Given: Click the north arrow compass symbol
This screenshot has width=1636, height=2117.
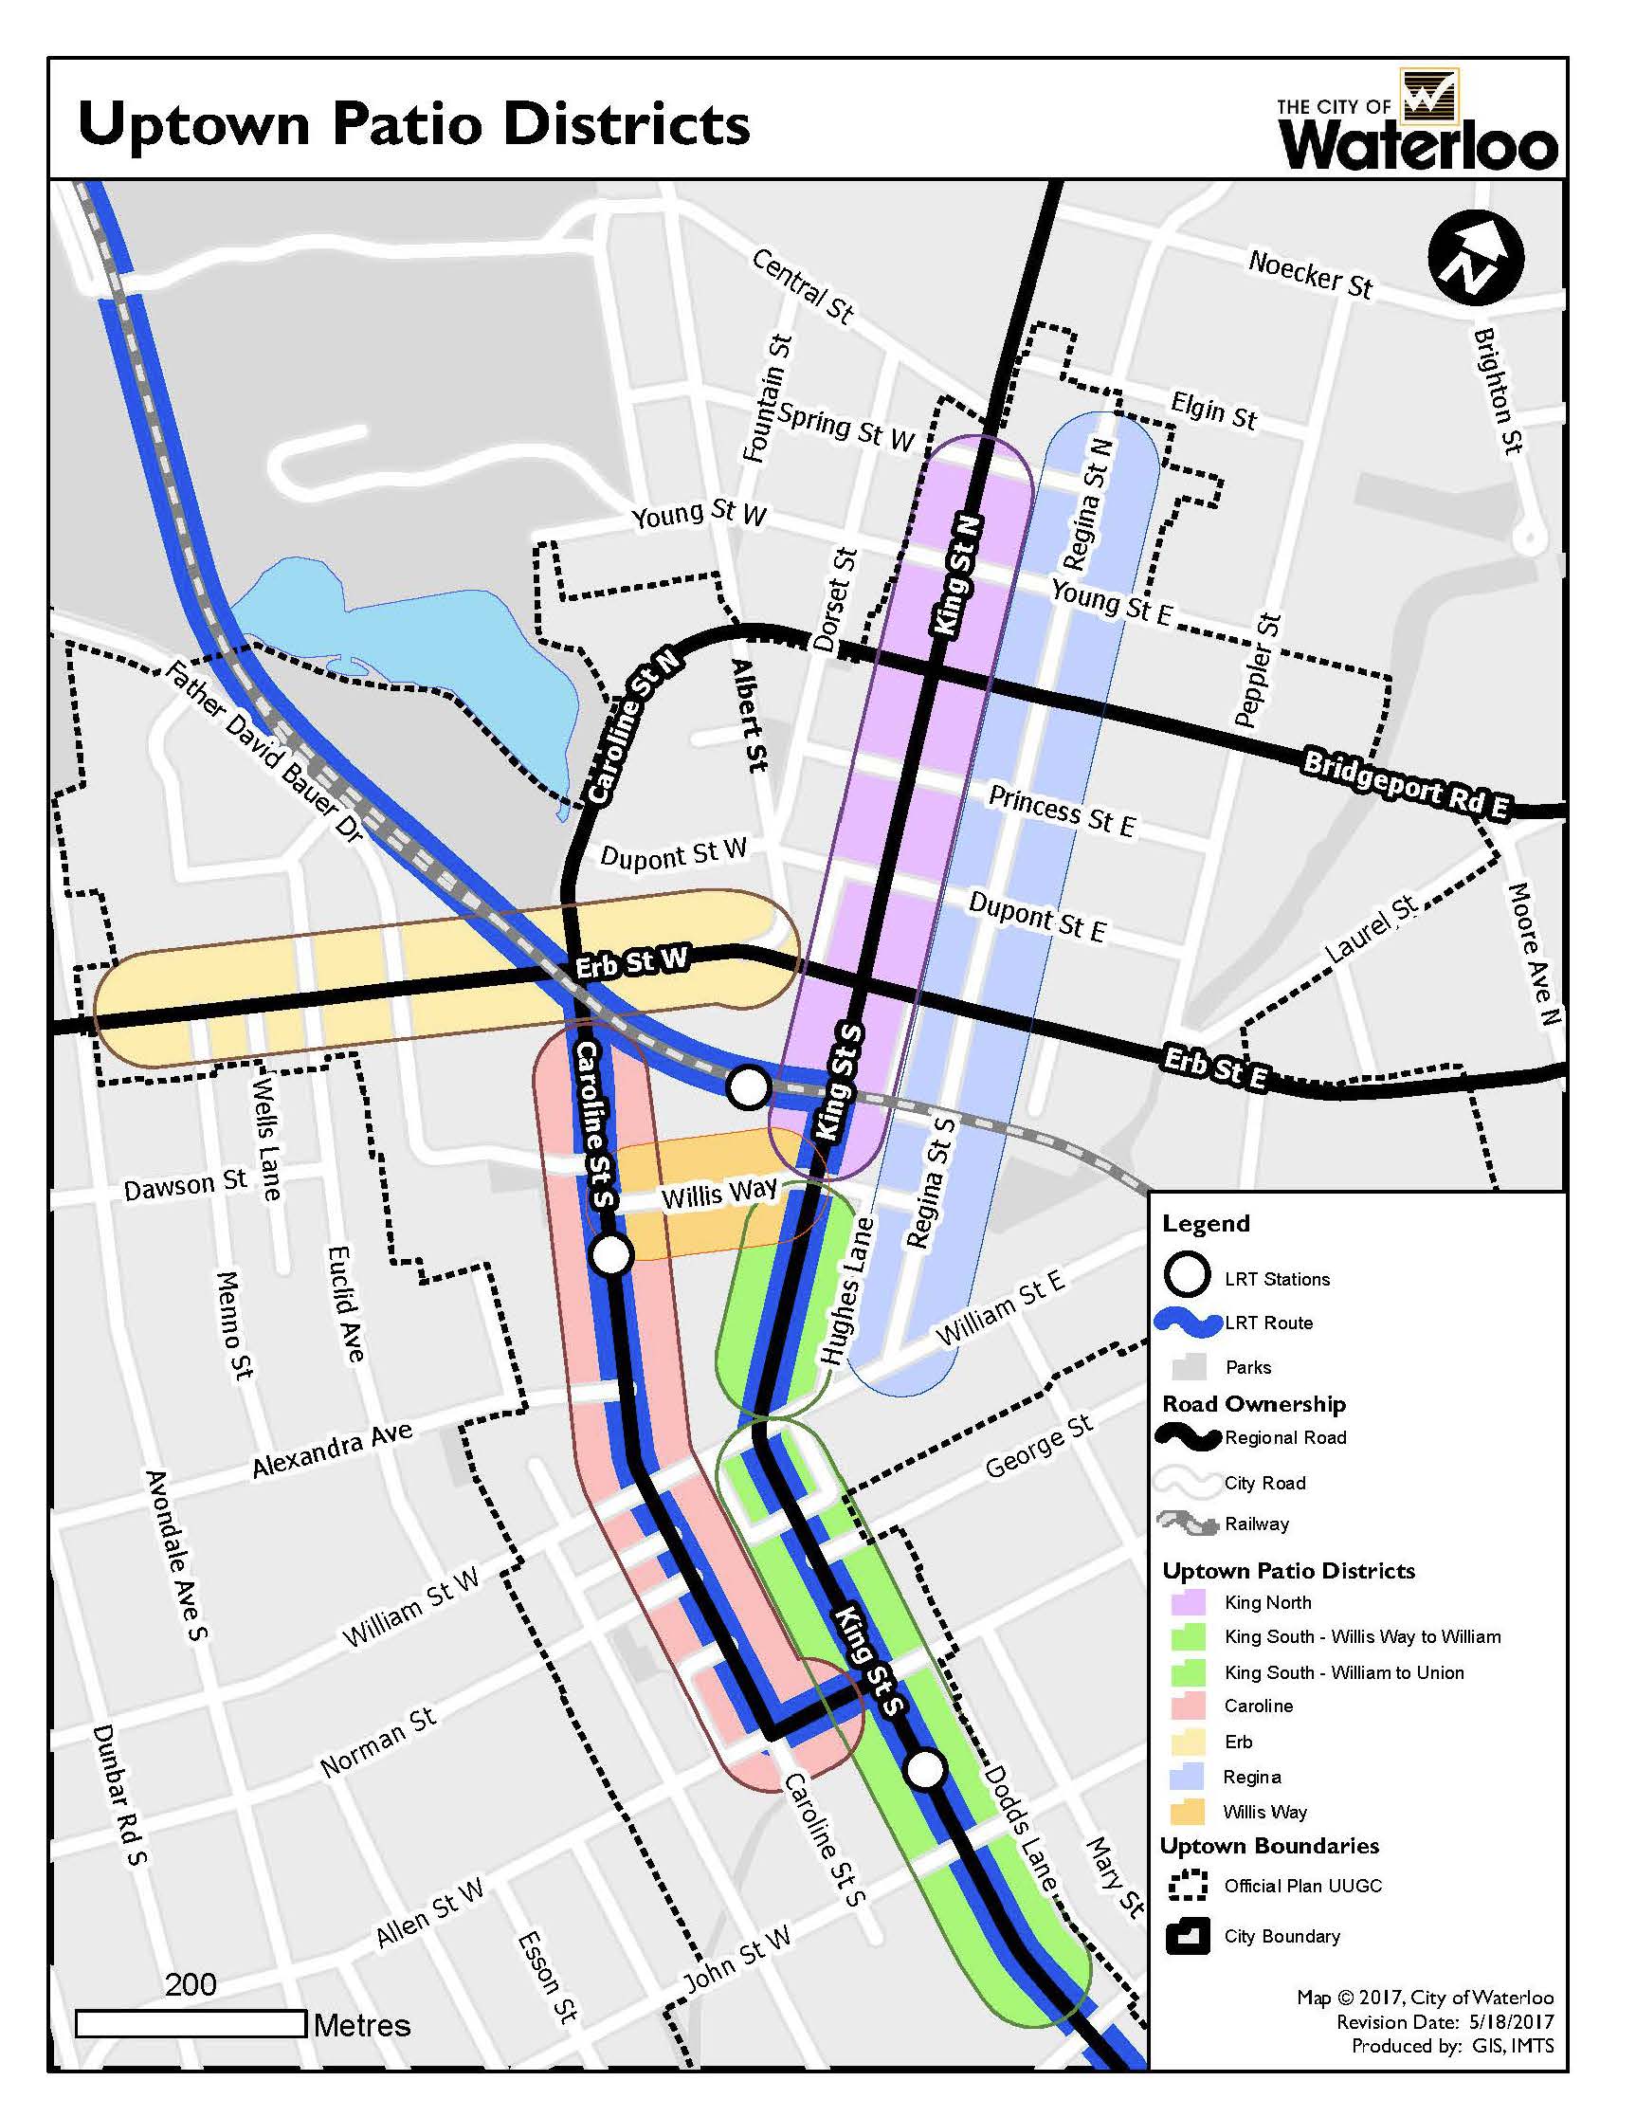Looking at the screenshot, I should click(x=1475, y=257).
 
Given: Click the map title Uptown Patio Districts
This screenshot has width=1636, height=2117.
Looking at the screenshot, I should click(x=414, y=125).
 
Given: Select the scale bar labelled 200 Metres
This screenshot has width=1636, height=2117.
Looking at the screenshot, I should click(x=191, y=2024).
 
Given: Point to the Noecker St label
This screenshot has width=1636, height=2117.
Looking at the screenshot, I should click(x=1309, y=275).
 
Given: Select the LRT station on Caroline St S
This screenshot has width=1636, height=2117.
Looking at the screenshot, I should click(x=610, y=1255).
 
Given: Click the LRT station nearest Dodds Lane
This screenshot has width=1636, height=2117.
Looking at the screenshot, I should click(x=925, y=1770).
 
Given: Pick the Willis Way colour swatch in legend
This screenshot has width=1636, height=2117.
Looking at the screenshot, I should click(x=1189, y=1812).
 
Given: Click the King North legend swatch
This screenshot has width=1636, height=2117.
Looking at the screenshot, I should click(x=1189, y=1602).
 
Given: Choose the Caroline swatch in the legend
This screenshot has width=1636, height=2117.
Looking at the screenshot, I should click(x=1189, y=1706).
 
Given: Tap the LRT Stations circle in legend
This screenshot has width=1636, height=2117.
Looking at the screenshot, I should click(x=1188, y=1276).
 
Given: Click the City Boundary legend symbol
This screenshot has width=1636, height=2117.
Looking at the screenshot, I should click(x=1189, y=1936).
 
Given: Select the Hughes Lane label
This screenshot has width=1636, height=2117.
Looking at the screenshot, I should click(x=847, y=1291).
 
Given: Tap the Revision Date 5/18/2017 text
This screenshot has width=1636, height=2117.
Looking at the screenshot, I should click(x=1445, y=2021).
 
